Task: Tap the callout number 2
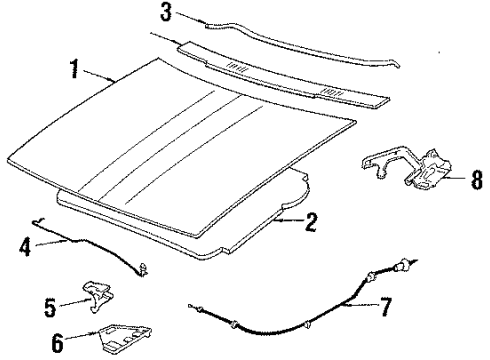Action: pos(311,222)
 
